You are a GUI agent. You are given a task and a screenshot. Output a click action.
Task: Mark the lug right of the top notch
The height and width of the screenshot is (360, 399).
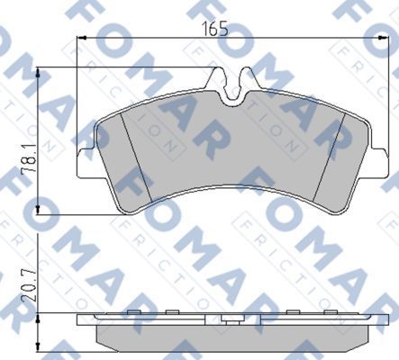click(253, 81)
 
